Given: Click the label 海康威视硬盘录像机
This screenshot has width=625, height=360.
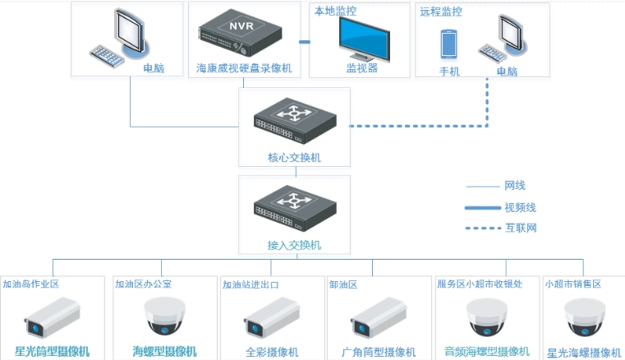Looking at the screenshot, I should point(244,68).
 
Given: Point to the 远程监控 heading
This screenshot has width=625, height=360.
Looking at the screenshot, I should point(441,12).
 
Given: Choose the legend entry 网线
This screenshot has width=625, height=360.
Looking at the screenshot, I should point(515,186).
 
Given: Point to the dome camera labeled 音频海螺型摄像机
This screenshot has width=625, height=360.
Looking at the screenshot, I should point(486,317).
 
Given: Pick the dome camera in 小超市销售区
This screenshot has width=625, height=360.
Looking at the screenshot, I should point(585,317).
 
